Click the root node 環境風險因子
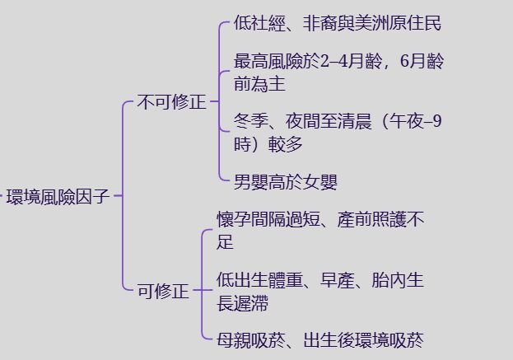point(58,196)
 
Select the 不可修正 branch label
point(172,102)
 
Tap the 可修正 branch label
point(163,291)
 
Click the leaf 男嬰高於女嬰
point(286,181)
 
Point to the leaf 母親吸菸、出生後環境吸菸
point(320,340)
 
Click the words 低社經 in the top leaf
point(259,23)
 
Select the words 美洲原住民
point(399,23)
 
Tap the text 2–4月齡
point(351,61)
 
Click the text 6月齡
point(422,61)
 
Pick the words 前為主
point(259,84)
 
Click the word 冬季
point(251,121)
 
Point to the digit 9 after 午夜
point(436,121)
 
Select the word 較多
point(285,144)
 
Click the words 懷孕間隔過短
point(268,219)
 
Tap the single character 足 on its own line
point(225,242)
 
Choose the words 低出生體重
point(259,280)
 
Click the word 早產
point(338,280)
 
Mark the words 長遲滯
point(242,302)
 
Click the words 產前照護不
point(380,219)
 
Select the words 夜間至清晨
point(329,121)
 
